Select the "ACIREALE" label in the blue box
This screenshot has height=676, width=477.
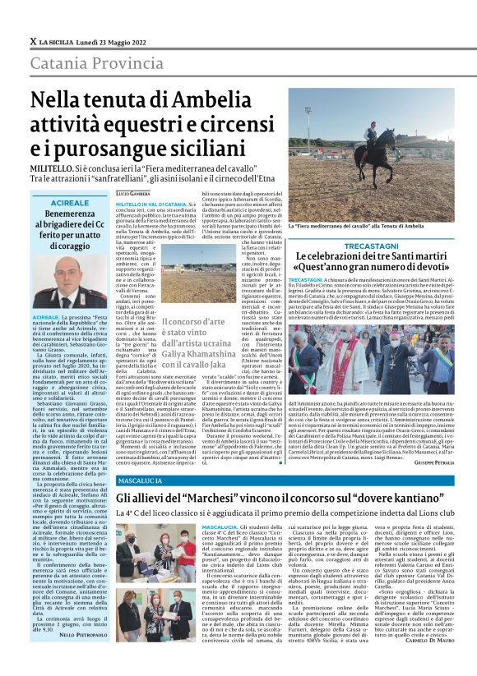click(68, 202)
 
